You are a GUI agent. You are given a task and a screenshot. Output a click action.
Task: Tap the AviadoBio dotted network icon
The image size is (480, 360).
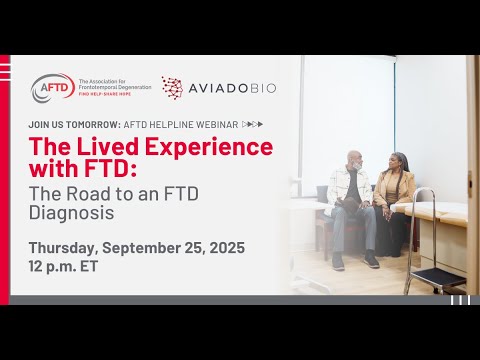click(172, 88)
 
